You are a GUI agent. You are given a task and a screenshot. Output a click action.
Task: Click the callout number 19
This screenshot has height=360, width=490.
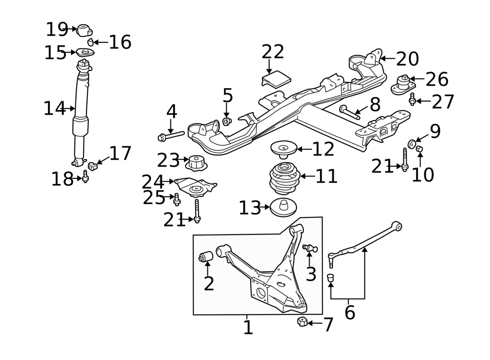[x=56, y=29]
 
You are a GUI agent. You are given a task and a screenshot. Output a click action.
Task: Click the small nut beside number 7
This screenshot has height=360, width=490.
[x=302, y=322]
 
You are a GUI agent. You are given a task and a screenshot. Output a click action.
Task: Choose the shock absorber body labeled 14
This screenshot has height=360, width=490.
[x=80, y=102]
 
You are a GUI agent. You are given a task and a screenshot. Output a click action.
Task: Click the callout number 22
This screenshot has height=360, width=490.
[x=273, y=52]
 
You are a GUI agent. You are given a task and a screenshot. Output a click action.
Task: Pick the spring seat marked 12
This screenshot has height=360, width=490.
[x=283, y=149]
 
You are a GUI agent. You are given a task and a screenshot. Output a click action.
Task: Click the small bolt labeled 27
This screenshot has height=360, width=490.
[x=412, y=99]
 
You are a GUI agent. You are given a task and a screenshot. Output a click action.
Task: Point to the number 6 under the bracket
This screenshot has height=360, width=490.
[x=350, y=313]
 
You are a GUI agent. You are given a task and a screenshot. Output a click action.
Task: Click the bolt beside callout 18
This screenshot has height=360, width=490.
[x=85, y=177]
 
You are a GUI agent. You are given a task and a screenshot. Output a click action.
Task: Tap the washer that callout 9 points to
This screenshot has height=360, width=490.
[x=412, y=143]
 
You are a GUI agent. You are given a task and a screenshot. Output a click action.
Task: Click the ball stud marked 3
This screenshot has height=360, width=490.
[x=311, y=248]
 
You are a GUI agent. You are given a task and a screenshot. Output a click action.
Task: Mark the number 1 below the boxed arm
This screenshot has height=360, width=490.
[x=248, y=327]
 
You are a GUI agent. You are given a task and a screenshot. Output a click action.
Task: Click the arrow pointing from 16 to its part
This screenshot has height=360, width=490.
[x=100, y=42]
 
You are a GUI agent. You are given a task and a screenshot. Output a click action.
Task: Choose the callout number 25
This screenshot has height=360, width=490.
[x=154, y=198]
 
